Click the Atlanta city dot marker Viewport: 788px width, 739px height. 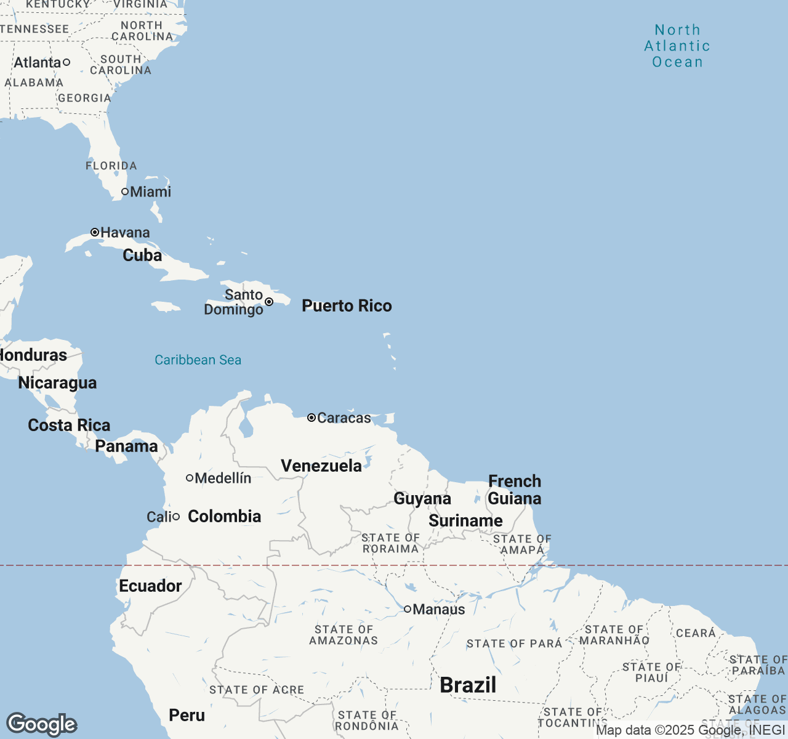tap(66, 62)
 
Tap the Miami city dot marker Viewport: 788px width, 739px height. tap(125, 192)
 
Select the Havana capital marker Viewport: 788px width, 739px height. tap(95, 232)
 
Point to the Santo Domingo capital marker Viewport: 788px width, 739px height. tap(269, 302)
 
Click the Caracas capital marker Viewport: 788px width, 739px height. tap(312, 418)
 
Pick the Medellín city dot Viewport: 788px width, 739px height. tap(190, 478)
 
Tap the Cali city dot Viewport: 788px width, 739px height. tap(176, 517)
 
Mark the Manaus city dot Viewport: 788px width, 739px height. tap(408, 609)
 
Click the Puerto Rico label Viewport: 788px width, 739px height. tap(347, 306)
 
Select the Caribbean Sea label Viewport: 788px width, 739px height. tap(198, 360)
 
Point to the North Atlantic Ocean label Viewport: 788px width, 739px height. tap(677, 46)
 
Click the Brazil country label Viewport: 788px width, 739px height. tap(468, 685)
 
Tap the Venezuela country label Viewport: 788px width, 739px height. tap(321, 466)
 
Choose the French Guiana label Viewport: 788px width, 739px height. tap(515, 490)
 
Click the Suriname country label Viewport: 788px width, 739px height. tap(465, 520)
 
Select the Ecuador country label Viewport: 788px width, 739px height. tap(150, 586)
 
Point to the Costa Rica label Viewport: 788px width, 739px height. tap(69, 425)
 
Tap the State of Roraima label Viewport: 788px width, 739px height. tap(390, 543)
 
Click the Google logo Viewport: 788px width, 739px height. tap(41, 724)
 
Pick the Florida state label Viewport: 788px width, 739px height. tap(111, 166)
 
